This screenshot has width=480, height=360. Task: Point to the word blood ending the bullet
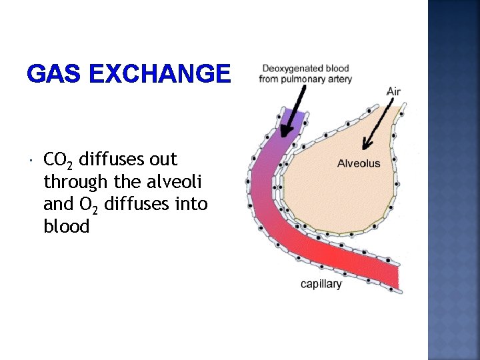tap(66, 226)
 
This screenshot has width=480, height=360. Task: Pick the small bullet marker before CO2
tap(31, 161)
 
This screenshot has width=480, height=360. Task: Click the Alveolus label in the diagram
tap(359, 163)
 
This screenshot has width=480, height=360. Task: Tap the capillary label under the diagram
tap(321, 284)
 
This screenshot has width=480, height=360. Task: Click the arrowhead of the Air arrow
tap(364, 145)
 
